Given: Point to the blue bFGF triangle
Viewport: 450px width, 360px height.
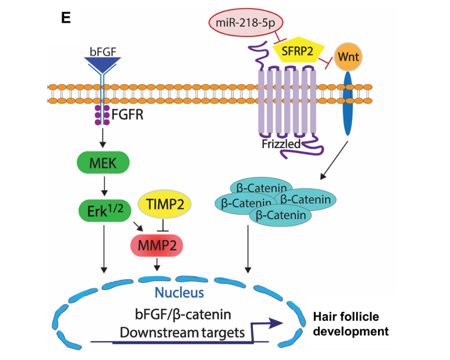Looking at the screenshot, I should point(103,64).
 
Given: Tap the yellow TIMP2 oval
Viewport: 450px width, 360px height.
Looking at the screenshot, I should point(164,204).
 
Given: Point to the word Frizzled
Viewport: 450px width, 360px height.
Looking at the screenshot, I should point(281,144).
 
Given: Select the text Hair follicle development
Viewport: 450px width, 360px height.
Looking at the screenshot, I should point(351,324).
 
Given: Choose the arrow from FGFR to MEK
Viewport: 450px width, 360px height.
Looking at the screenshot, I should point(103,139).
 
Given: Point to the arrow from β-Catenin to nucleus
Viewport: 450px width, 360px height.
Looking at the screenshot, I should point(247,247).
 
